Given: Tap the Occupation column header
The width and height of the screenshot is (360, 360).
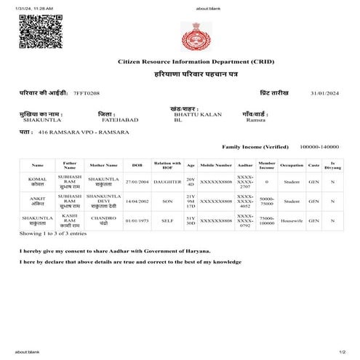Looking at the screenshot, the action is coord(292,165).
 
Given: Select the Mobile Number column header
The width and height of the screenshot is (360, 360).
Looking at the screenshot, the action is coord(216,165).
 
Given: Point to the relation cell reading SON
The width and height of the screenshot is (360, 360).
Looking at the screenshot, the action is coord(167,201).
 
